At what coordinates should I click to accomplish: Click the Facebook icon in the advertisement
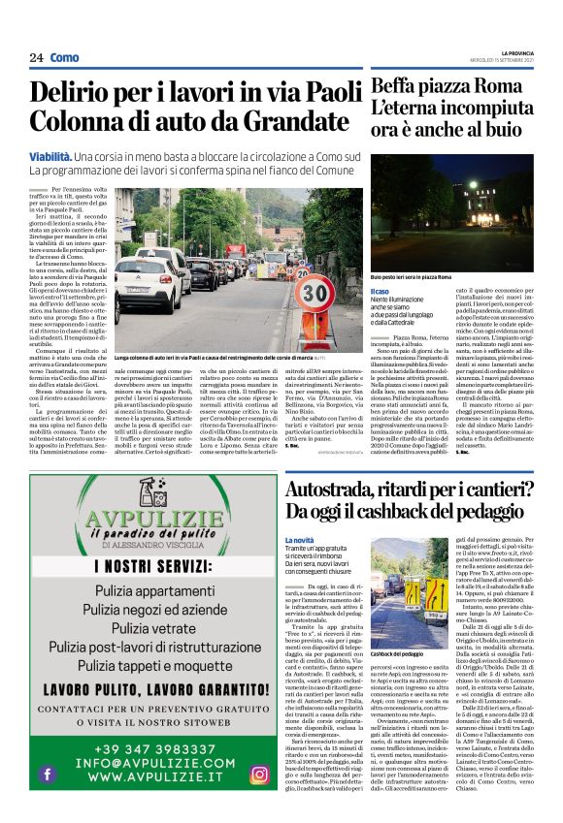47,774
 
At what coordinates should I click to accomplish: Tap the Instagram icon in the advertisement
258,774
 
